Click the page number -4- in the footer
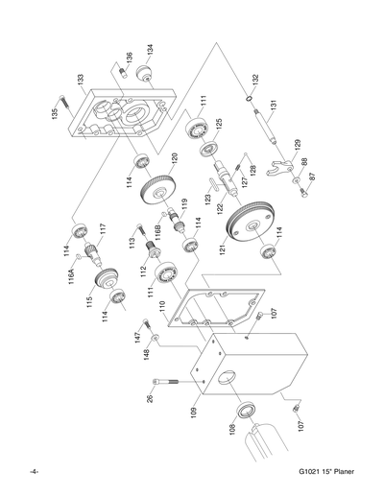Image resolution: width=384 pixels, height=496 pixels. pyautogui.click(x=35, y=471)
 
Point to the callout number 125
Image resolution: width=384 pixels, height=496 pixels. pyautogui.click(x=216, y=124)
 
